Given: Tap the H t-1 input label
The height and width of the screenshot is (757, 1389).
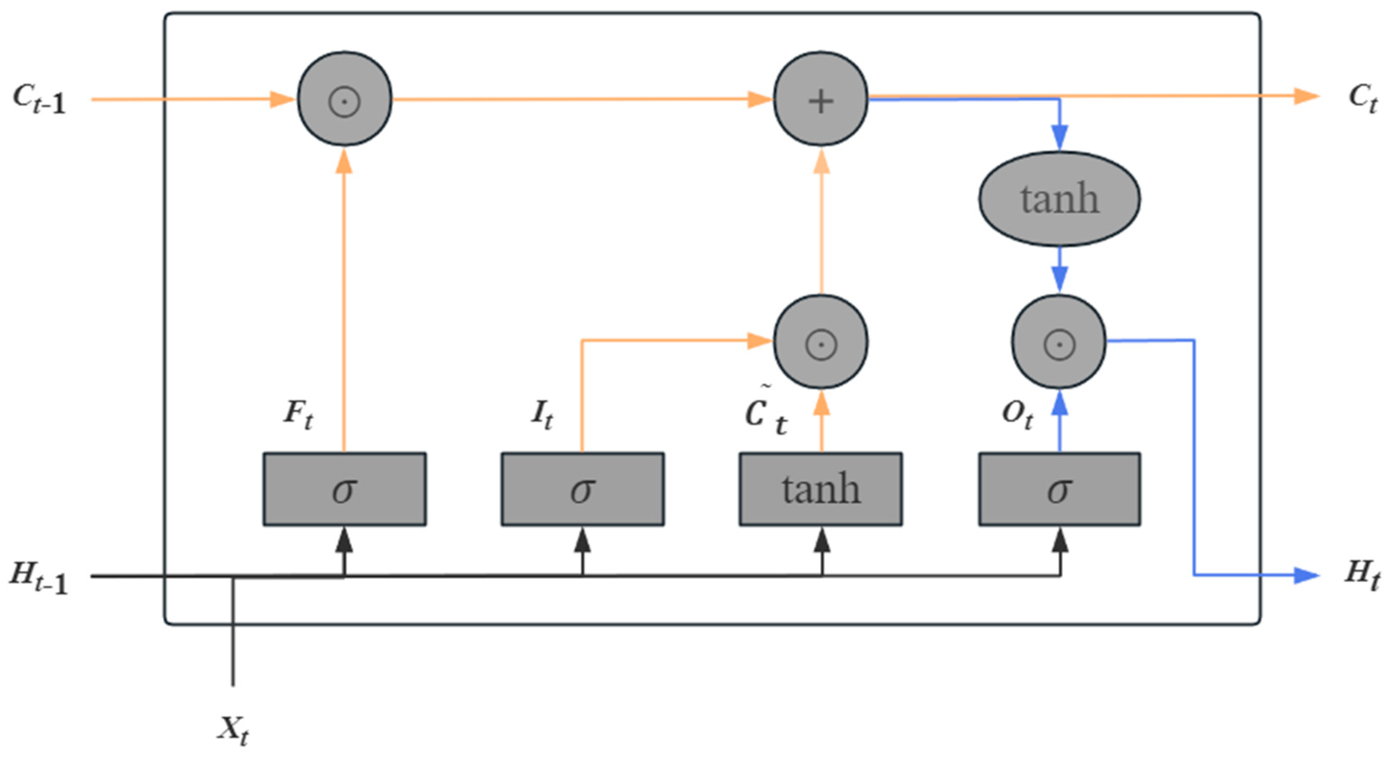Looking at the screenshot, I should coord(39,577).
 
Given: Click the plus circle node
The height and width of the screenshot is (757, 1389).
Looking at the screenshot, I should coord(821,99).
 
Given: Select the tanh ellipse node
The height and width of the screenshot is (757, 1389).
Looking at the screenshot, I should coord(1060,199).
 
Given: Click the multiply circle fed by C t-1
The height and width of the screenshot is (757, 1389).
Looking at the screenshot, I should coord(345,99).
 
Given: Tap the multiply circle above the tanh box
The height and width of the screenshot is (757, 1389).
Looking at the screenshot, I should coord(821,342).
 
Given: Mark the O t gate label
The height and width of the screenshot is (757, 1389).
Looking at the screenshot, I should coord(1017,416).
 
